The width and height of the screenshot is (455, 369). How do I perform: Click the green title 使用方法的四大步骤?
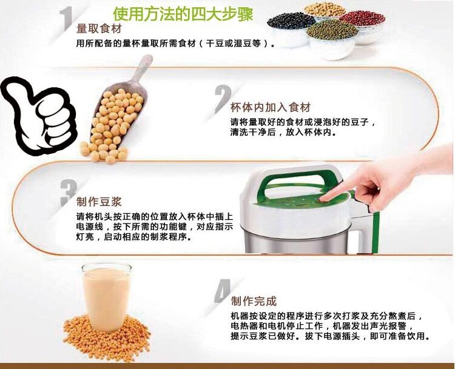click(x=183, y=14)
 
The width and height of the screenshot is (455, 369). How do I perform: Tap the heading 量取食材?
click(x=99, y=29)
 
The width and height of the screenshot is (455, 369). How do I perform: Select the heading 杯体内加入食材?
click(x=271, y=107)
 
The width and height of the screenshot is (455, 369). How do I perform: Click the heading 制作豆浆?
click(x=99, y=202)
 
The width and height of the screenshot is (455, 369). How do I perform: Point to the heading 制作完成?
click(x=254, y=301)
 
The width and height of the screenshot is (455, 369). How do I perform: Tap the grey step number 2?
click(x=223, y=99)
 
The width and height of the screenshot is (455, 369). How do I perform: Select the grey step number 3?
click(x=69, y=193)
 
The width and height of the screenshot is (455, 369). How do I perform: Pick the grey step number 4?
click(x=223, y=291)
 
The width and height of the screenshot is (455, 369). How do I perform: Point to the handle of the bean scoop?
click(x=142, y=68)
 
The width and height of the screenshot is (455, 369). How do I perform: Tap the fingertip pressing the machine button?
click(x=323, y=199)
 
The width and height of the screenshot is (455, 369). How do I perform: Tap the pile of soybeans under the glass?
click(x=107, y=337)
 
